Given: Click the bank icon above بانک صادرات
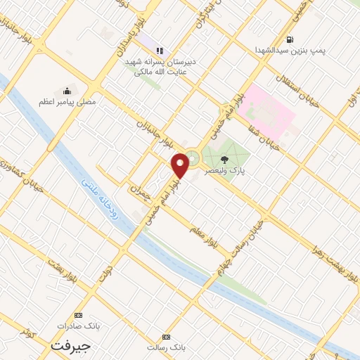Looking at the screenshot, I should [78, 316].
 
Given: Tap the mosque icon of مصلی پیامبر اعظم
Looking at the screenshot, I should [67, 90].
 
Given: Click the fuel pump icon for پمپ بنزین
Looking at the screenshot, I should [290, 39].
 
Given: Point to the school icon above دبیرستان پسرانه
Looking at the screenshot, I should [160, 51].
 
